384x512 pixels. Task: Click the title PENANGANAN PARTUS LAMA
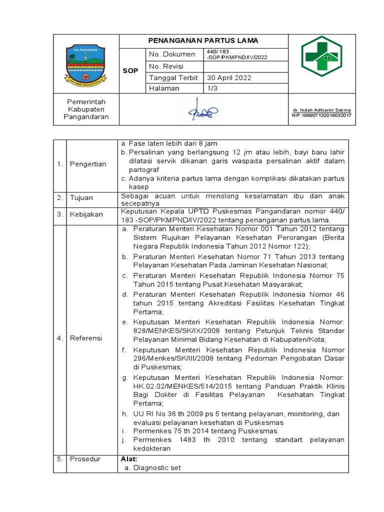[203, 41]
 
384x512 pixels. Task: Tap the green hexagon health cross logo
[321, 56]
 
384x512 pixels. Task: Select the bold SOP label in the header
[130, 71]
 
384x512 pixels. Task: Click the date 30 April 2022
[229, 78]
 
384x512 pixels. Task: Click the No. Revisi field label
[166, 66]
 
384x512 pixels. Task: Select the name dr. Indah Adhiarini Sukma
[321, 110]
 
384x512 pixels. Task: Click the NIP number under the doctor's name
[321, 115]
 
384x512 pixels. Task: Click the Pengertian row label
[87, 164]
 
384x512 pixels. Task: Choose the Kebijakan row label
[86, 214]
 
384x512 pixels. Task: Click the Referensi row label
[85, 338]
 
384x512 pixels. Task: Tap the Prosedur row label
[85, 458]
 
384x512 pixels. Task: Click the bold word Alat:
[129, 458]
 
